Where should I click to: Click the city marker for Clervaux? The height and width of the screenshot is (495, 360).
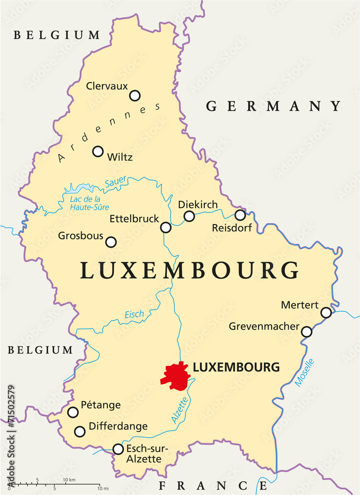(x=135, y=96)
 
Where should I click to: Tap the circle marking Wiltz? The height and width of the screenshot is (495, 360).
(x=98, y=151)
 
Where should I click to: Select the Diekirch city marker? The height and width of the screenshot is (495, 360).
(x=189, y=216)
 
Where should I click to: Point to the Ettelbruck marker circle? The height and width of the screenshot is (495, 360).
(x=166, y=227)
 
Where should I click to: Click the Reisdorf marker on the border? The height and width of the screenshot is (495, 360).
(x=240, y=215)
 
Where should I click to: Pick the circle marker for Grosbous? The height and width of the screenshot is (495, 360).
(x=111, y=242)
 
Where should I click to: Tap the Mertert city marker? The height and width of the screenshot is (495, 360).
(x=326, y=312)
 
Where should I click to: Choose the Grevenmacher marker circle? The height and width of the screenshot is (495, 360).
(x=307, y=332)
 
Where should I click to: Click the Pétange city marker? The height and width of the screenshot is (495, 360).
(x=73, y=412)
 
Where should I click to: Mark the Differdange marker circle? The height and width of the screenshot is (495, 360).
(x=80, y=431)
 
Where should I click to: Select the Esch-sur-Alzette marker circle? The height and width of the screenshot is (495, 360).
(x=118, y=449)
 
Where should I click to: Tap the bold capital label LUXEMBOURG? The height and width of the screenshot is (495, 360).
(x=236, y=367)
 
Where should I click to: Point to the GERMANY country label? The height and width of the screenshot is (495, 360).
(x=273, y=106)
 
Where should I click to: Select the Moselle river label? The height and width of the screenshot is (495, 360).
(x=305, y=372)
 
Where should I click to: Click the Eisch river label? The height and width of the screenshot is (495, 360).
(x=135, y=314)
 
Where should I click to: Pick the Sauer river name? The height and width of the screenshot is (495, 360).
(x=116, y=182)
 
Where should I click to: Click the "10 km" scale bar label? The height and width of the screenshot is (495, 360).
(x=69, y=480)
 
